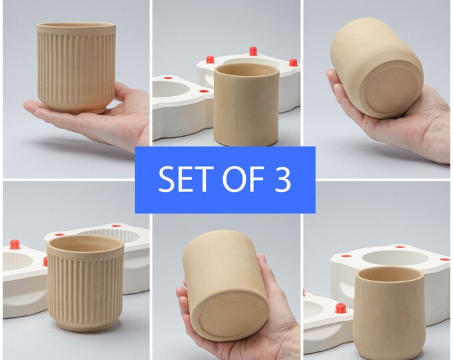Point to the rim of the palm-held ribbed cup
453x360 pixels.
tap(76, 26)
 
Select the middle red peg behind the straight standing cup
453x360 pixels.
tap(253, 51)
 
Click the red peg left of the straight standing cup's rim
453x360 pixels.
tap(210, 59)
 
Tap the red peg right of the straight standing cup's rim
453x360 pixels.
tap(293, 63)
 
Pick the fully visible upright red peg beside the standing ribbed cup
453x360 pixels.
tap(14, 245)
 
